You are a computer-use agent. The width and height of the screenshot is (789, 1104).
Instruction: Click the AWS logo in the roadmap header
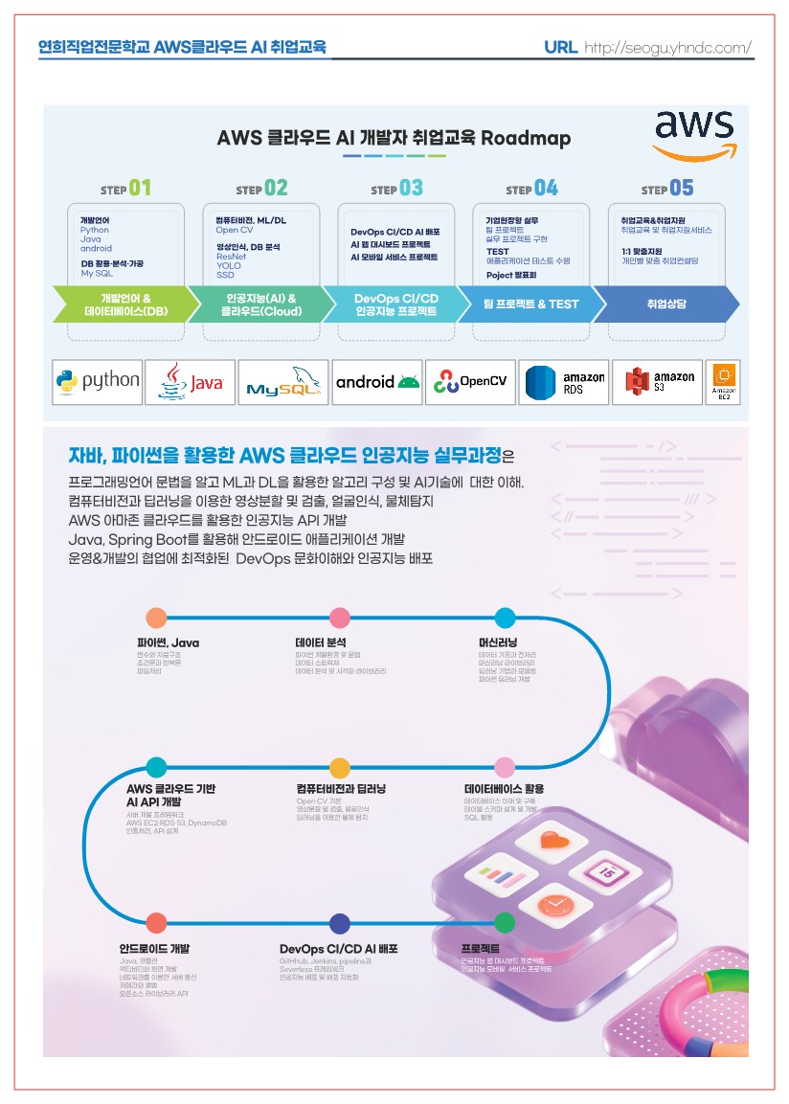693,135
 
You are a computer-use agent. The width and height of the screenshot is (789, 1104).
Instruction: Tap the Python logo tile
98,381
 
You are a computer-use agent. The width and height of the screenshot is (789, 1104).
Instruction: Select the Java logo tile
190,381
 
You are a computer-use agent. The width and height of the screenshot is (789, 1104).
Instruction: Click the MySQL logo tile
282,382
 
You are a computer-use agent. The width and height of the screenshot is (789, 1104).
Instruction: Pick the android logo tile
377,381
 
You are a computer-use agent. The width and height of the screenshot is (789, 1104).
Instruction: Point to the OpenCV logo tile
469,381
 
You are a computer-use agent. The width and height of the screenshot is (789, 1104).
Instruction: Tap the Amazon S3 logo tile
656,381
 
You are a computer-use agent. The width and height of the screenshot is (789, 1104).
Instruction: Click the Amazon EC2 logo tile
723,381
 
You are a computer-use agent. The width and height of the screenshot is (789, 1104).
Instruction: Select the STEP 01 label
125,189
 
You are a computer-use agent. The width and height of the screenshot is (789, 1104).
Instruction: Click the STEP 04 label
531,189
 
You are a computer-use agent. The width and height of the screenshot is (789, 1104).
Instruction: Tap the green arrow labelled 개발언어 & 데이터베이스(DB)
124,304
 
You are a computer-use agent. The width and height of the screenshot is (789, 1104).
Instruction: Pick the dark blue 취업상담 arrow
667,304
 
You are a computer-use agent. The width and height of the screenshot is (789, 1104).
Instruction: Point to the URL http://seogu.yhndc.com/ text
647,47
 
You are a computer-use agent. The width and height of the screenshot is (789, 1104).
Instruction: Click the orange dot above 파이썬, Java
156,618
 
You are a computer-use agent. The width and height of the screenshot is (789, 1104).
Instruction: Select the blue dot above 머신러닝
505,618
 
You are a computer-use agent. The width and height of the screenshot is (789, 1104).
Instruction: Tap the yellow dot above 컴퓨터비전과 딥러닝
339,767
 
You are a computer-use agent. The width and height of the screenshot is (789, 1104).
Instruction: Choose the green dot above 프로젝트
505,923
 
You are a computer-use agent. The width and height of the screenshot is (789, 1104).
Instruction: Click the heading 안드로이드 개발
154,949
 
